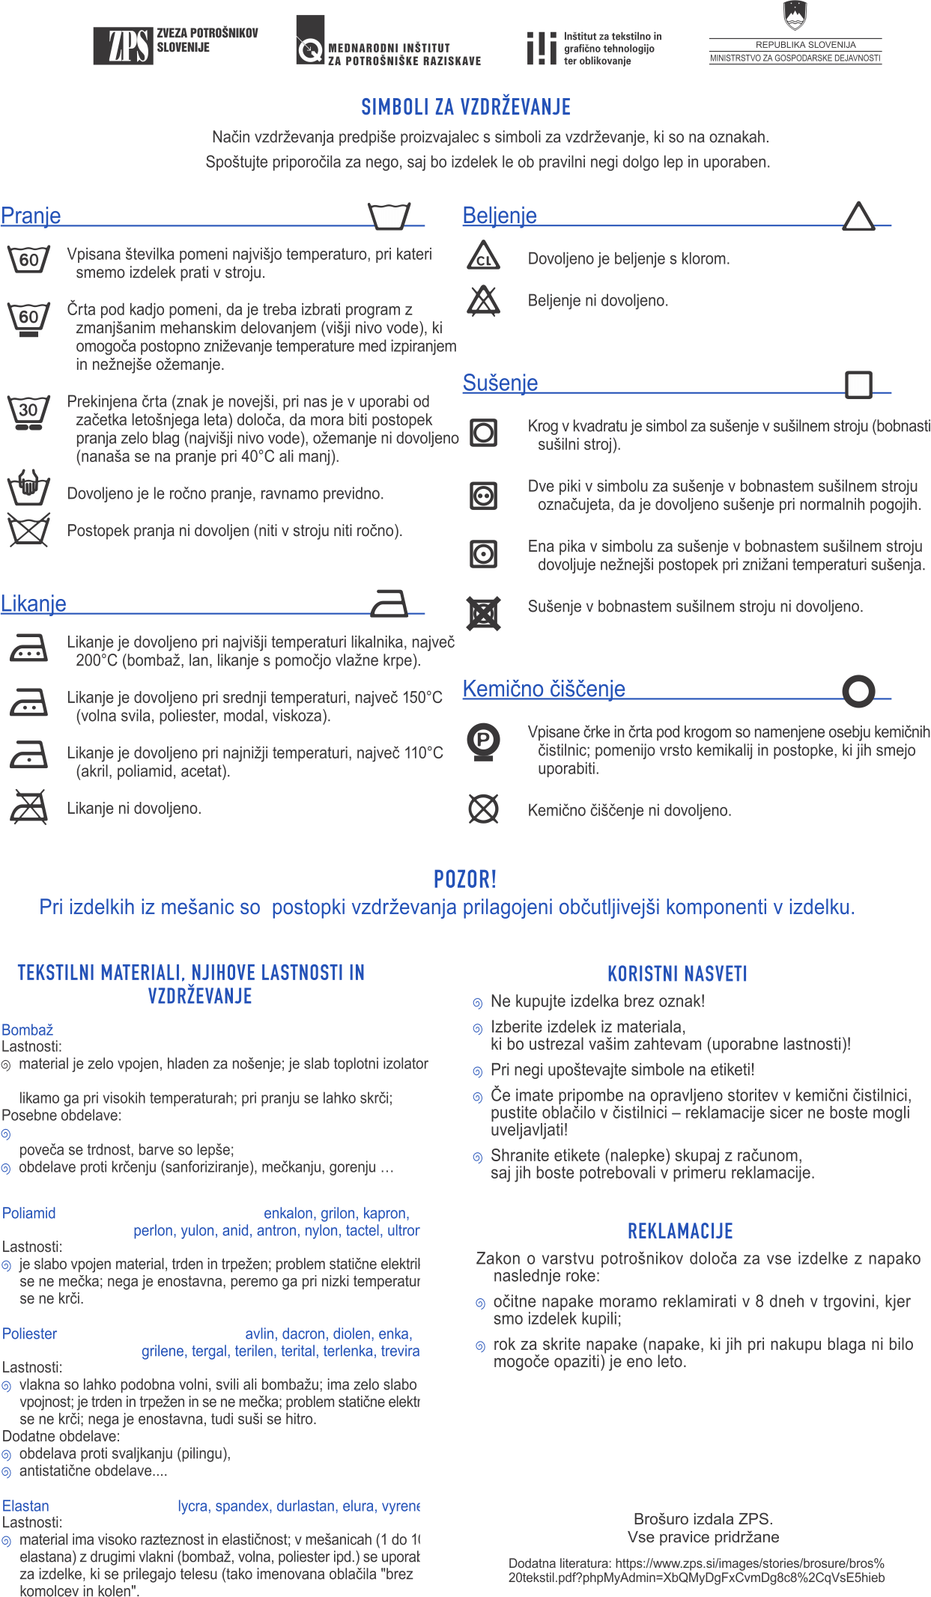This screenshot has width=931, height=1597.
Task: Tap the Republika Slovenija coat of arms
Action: (794, 14)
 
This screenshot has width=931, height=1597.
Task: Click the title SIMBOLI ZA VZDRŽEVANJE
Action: (466, 107)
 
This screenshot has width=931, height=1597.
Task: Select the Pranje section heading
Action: (31, 216)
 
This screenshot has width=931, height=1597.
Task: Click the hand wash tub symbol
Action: (28, 489)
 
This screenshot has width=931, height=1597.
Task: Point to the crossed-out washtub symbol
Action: (28, 530)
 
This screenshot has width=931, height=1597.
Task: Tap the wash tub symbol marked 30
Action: (28, 413)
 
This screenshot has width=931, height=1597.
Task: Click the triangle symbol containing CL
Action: (483, 257)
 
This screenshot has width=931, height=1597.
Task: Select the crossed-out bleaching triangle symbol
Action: (483, 300)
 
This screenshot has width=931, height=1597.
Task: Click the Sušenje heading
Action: (500, 383)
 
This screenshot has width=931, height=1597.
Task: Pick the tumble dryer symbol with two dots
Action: (483, 496)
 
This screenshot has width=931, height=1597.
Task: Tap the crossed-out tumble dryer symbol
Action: (483, 613)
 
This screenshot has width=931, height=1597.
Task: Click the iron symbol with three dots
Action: (28, 648)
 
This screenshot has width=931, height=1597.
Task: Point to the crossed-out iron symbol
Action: (28, 807)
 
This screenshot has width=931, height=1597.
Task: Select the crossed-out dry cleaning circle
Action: (483, 809)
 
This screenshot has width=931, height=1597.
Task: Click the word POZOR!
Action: (465, 879)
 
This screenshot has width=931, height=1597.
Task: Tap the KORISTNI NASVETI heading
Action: (677, 973)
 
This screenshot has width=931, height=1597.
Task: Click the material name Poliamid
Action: (29, 1213)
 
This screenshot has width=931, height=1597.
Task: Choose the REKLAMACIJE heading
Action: (680, 1231)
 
